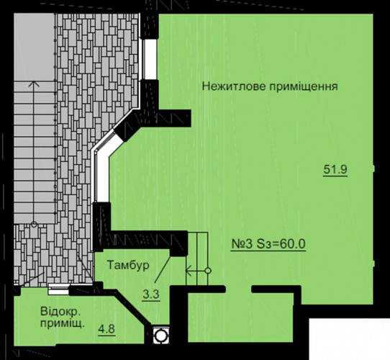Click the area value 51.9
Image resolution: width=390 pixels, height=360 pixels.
(x=335, y=170)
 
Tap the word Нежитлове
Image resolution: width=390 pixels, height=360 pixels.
(x=234, y=86)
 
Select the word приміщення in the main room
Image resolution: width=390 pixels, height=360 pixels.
(x=304, y=87)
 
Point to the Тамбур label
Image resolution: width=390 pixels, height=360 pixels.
(x=128, y=265)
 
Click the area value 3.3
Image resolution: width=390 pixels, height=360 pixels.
(x=151, y=294)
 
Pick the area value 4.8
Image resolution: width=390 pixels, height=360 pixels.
(x=106, y=329)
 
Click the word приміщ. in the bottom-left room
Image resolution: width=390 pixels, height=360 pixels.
(x=62, y=324)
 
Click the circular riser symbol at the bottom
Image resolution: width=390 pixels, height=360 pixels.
(x=161, y=336)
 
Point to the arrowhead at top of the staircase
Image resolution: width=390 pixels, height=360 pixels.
(x=34, y=84)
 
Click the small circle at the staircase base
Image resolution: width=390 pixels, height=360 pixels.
(x=34, y=225)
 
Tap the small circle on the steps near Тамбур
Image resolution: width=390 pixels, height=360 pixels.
(x=208, y=271)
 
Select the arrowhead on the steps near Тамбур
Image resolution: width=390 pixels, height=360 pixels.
(x=188, y=271)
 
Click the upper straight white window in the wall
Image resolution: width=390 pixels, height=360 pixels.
(x=150, y=59)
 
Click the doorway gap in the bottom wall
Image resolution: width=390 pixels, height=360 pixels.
(x=238, y=289)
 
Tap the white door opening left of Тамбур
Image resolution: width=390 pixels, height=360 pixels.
(x=59, y=289)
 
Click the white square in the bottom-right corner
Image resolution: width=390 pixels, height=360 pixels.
(x=350, y=339)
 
